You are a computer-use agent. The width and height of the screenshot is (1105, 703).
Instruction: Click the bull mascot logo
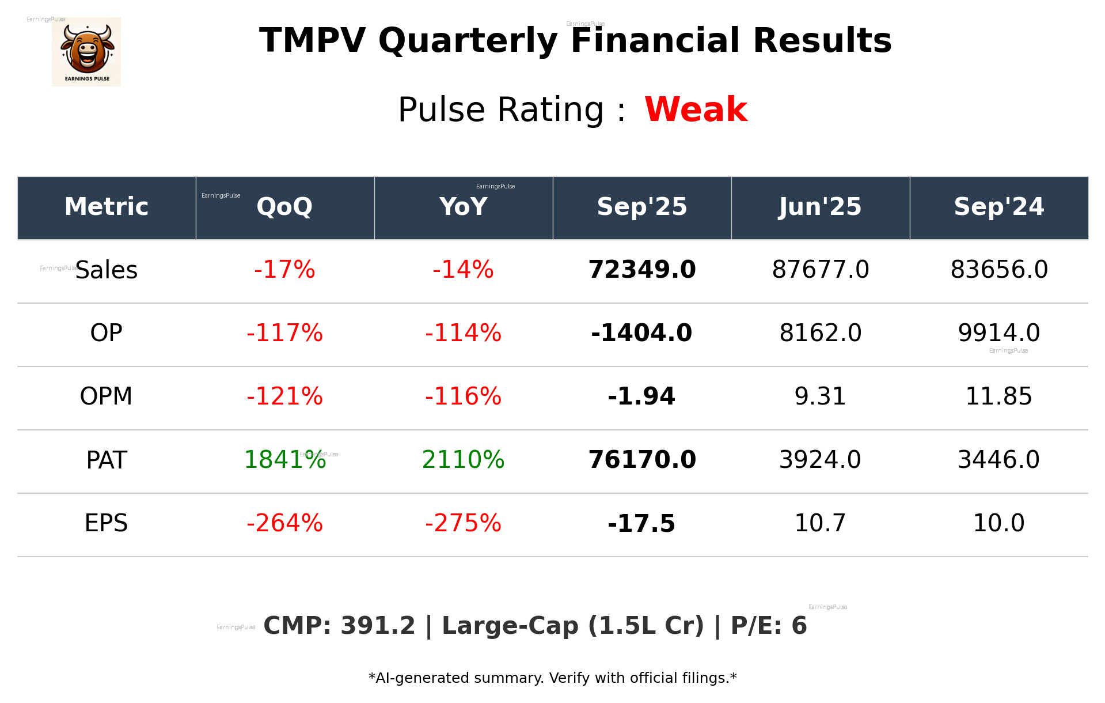pos(86,52)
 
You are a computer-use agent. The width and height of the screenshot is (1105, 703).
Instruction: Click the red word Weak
pos(696,109)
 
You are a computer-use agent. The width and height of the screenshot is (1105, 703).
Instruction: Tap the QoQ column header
pos(284,207)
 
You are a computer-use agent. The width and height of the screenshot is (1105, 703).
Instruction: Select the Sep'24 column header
pos(998,207)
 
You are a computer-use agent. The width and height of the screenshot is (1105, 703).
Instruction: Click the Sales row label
pos(107,270)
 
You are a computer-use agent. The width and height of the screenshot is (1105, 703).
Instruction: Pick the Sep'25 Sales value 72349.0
pos(641,270)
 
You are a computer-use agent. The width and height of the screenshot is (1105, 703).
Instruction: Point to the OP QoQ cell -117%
pos(284,333)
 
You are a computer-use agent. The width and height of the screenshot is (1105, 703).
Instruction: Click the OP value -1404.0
pos(641,333)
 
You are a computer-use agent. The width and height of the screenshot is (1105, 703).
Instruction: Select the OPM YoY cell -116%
pos(463,396)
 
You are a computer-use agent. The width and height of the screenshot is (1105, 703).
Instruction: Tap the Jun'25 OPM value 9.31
pos(820,396)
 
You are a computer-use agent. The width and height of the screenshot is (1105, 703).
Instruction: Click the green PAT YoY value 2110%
pos(463,460)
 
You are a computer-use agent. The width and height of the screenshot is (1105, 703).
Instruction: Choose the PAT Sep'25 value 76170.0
pos(641,460)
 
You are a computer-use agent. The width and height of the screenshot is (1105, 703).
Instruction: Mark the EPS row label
pos(107,523)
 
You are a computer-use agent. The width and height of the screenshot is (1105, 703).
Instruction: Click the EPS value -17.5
pos(641,523)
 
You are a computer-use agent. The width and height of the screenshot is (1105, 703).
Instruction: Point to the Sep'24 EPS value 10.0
pos(998,523)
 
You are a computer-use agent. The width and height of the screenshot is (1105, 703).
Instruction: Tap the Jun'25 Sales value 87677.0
pos(820,270)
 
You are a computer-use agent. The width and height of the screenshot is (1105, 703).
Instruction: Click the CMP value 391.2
pos(377,626)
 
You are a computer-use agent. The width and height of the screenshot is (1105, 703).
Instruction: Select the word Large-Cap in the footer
pos(510,626)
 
